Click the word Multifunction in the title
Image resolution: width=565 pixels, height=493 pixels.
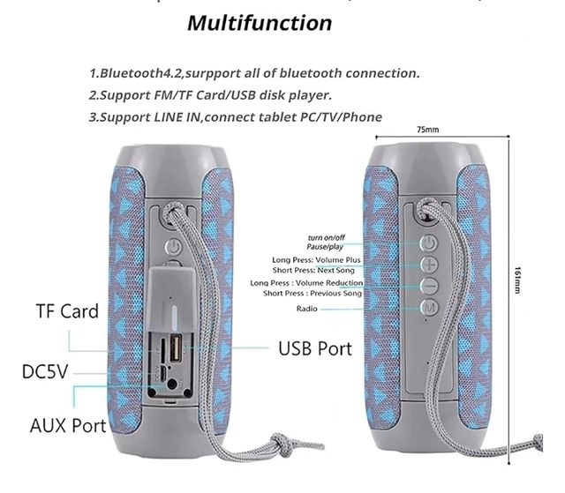point(260,23)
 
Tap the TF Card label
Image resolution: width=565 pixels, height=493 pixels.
point(67,311)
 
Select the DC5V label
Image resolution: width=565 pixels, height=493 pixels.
point(45,372)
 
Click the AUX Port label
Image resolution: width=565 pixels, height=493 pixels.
point(68,425)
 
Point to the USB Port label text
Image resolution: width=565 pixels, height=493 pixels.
point(315,348)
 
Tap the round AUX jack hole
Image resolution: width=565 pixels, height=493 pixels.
point(182,381)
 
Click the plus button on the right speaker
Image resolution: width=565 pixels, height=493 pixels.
point(429,264)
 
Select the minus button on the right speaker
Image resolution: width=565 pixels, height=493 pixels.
point(429,285)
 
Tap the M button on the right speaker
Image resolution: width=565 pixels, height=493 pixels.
point(429,306)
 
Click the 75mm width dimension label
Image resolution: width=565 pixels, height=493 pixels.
point(427,130)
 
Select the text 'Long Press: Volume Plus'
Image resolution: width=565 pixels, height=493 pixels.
point(315,260)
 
